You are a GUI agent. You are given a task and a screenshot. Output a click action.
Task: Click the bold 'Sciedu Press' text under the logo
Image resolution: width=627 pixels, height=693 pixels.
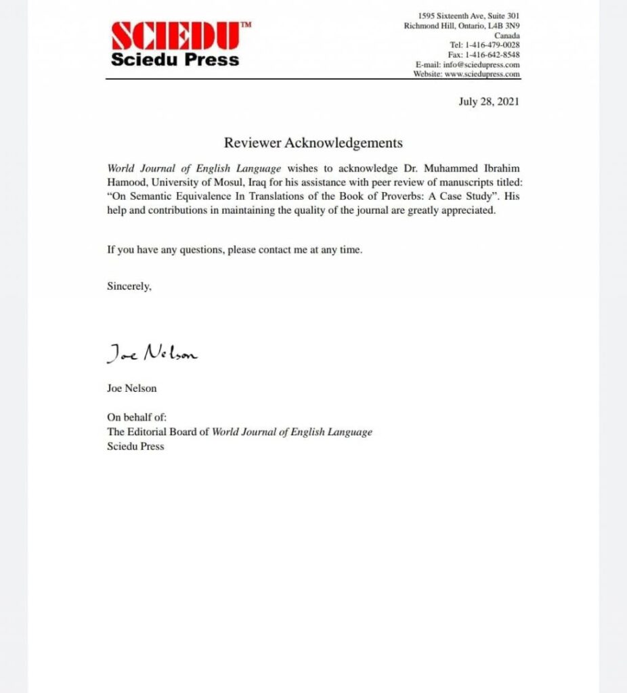[x=175, y=60]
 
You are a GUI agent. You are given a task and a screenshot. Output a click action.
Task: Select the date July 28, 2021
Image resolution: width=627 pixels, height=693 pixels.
[x=488, y=102]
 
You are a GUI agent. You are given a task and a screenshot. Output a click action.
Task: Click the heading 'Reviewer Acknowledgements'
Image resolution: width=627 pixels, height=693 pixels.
[x=313, y=143]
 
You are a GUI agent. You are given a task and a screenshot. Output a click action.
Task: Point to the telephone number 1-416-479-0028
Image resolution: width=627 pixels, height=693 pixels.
[x=491, y=45]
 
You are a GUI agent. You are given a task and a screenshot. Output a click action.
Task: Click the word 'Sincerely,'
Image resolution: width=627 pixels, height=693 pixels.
[x=129, y=286]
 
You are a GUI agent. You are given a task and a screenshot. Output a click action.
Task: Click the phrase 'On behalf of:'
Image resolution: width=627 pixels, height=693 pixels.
[x=137, y=417]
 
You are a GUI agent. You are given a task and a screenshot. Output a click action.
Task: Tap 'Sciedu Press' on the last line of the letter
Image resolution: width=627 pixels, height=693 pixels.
[x=135, y=446]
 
